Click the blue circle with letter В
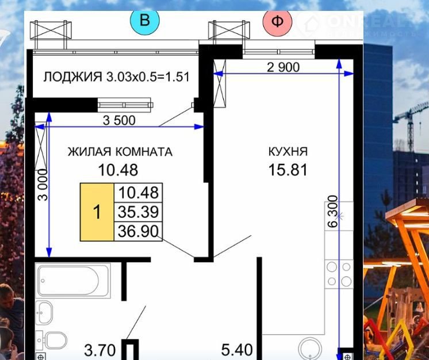coord(145,21)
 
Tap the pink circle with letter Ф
coord(277,21)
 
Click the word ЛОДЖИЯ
coord(73,77)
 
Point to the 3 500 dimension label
coord(119,120)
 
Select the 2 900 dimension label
coord(283,67)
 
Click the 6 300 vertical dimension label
coord(333,212)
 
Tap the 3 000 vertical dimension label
coord(43,185)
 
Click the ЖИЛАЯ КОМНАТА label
coord(120,152)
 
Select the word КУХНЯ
coord(288,152)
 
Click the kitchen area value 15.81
coord(288,170)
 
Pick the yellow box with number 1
coord(97,212)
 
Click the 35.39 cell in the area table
coord(139,212)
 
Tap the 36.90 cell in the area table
coord(139,231)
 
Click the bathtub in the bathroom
coord(73,281)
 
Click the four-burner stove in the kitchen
coord(339,274)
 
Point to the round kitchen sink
coord(310,348)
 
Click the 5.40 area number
coord(237,350)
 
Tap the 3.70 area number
coord(100,350)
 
